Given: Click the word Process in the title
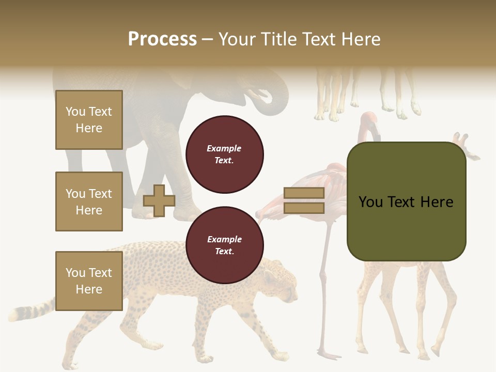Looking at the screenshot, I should tap(162, 39).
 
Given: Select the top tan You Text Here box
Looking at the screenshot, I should tap(89, 120).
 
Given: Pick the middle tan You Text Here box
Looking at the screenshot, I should tap(89, 202).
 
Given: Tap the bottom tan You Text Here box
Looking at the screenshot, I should tap(89, 281).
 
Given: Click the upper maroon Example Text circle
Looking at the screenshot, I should tap(224, 154).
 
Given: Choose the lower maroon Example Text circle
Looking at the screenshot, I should tap(224, 245).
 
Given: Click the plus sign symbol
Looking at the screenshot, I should tap(159, 200).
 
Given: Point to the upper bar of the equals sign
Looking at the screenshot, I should tap(304, 193).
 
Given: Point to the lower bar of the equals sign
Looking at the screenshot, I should tap(304, 208).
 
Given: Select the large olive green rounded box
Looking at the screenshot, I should tap(406, 202).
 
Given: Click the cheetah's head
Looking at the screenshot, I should tap(282, 284).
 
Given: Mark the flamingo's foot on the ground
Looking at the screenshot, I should tap(328, 355).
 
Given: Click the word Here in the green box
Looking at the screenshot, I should tap(437, 202).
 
